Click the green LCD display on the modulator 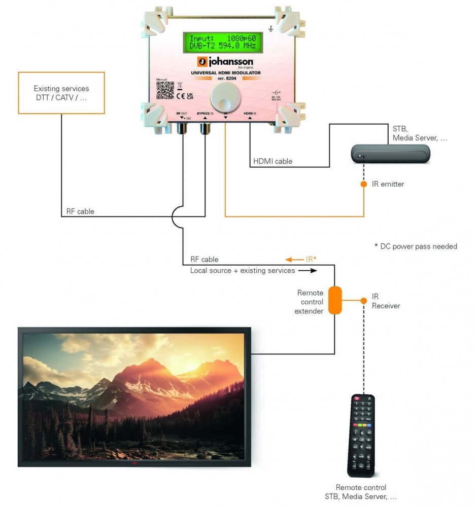223,43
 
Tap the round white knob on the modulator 224,96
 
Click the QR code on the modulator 165,90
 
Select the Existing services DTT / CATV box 61,92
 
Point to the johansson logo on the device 225,62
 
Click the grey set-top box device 391,153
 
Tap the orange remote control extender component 334,300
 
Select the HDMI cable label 273,162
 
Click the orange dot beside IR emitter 363,184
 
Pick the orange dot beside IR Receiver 363,300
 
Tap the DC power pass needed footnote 416,246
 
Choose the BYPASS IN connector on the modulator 205,129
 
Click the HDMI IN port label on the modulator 250,113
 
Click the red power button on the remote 357,399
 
